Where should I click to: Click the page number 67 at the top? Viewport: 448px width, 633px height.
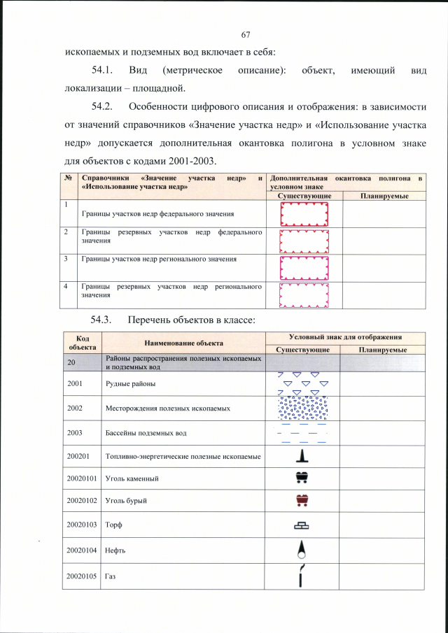[246, 35]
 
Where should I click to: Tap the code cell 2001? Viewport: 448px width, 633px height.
[76, 383]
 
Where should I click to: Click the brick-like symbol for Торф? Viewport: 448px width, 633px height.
[302, 525]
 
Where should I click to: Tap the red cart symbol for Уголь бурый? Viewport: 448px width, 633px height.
[302, 501]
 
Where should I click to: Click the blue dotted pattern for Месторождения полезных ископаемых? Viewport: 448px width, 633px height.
[302, 408]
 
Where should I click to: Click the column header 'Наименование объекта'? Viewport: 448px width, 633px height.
[184, 343]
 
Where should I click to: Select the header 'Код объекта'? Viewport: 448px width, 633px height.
[82, 343]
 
